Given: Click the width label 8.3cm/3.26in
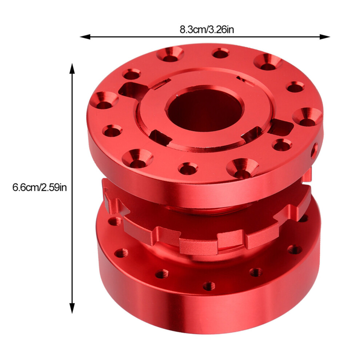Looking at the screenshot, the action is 207,30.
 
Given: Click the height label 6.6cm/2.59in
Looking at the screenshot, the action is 40,188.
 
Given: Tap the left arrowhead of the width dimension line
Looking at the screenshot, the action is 85,36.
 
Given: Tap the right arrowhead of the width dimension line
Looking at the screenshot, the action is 325,36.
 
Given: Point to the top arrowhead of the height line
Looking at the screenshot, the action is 72,68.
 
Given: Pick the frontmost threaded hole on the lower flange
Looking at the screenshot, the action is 209,286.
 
